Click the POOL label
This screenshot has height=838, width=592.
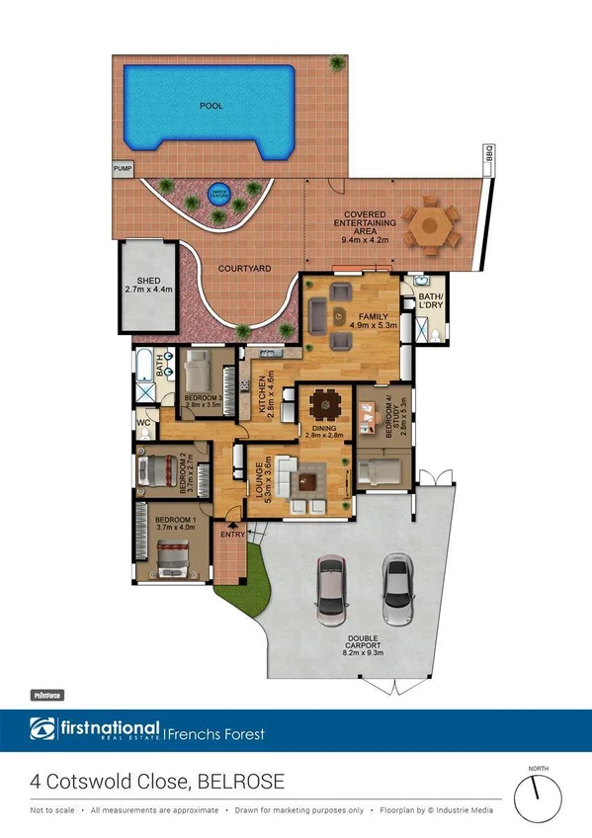(211, 105)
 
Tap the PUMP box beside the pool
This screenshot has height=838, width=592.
(123, 169)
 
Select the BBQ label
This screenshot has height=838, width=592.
(487, 154)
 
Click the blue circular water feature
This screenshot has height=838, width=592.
(217, 194)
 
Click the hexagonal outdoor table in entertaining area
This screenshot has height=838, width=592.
(431, 223)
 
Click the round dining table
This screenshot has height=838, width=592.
(323, 404)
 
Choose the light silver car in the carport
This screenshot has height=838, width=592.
(397, 590)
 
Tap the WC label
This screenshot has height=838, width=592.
(142, 421)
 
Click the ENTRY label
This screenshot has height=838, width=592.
(233, 535)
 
